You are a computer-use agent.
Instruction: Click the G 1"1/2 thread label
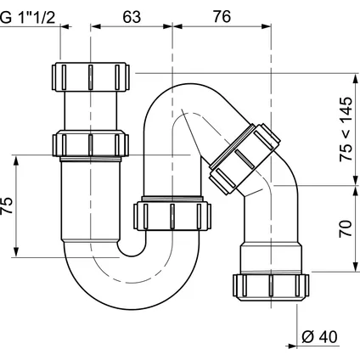pos(27,18)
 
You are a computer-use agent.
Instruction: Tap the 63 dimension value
pos(132,17)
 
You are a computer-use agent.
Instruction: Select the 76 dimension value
pos(222,17)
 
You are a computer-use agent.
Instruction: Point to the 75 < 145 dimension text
pos(346,129)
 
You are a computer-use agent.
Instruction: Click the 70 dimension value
pos(346,228)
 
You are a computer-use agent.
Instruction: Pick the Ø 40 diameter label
pos(319,337)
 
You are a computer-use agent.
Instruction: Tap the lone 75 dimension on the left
pos(7,205)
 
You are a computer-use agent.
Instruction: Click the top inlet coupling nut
pos(91,76)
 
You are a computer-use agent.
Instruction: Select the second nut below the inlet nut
pos(91,143)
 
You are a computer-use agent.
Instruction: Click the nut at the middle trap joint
pos(172,216)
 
